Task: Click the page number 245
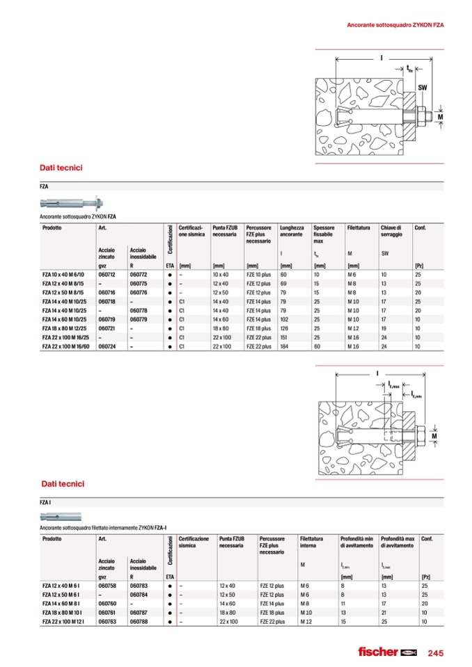click(x=435, y=652)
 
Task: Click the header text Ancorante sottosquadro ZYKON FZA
click(x=395, y=25)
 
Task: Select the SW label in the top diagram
click(x=422, y=88)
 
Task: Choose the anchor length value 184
click(x=284, y=346)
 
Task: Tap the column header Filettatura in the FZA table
click(x=359, y=228)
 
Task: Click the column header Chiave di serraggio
click(x=391, y=232)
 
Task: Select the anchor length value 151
click(x=284, y=337)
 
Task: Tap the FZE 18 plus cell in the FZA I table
click(x=272, y=613)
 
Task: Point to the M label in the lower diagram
click(x=434, y=436)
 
